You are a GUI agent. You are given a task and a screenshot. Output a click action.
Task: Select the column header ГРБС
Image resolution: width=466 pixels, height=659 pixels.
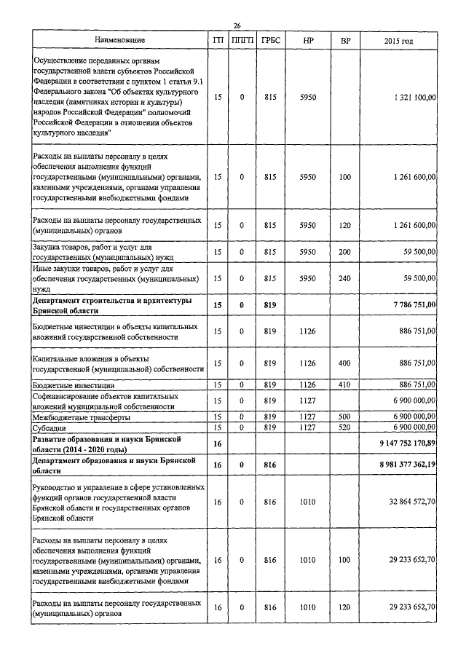tap(270, 41)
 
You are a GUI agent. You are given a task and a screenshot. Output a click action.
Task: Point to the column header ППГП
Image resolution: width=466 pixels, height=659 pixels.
tap(242, 41)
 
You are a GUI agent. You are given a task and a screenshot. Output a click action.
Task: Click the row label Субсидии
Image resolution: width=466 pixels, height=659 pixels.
tap(50, 427)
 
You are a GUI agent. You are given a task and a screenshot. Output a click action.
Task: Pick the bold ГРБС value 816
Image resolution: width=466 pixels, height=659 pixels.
tap(270, 465)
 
